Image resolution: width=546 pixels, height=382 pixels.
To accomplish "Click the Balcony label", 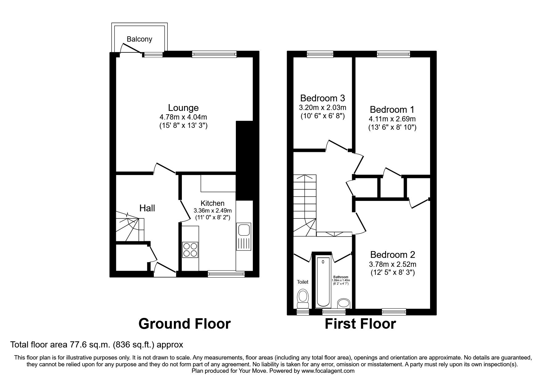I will [x=139, y=39].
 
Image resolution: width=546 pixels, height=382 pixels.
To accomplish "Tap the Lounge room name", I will [x=183, y=108].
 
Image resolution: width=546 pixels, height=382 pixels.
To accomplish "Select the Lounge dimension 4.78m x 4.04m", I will [x=183, y=117].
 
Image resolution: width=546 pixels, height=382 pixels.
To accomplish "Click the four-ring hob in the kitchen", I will [x=190, y=250].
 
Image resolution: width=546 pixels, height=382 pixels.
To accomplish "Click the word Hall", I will [x=147, y=208].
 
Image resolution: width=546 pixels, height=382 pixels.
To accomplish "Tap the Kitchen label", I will [x=212, y=203].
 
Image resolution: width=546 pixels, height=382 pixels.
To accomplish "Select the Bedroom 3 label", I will [x=322, y=98].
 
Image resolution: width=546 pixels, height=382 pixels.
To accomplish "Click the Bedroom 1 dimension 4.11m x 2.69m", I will [x=392, y=119].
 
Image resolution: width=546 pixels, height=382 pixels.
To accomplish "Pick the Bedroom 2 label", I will [x=392, y=255].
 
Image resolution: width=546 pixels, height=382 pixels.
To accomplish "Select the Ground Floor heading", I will [x=184, y=324].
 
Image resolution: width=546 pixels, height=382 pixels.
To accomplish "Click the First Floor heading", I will [x=360, y=324].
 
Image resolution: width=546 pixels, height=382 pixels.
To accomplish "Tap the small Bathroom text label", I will [x=341, y=277].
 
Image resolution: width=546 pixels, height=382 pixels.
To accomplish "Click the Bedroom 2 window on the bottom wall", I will [x=394, y=312].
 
